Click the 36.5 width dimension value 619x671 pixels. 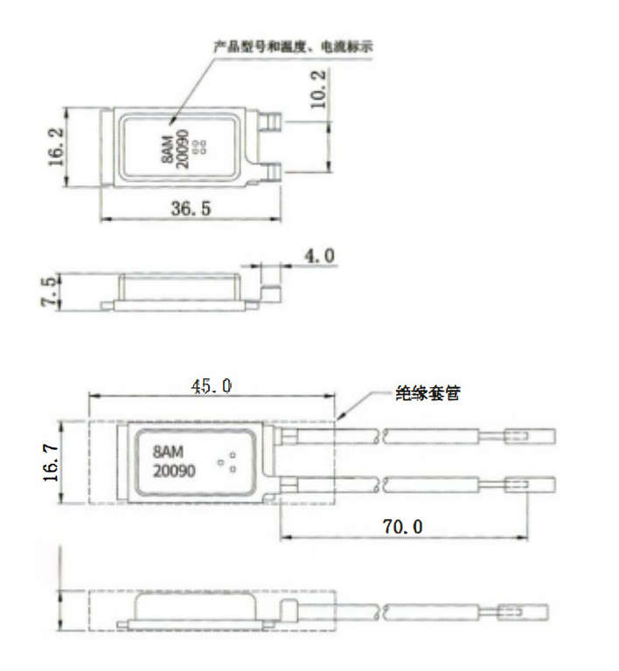[191, 209]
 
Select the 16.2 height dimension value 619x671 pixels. [56, 147]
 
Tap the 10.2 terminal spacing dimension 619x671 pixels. [317, 89]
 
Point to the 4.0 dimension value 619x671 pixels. [319, 256]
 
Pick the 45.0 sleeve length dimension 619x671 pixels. [212, 386]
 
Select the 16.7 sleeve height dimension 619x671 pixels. [51, 463]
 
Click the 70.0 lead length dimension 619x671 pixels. [402, 527]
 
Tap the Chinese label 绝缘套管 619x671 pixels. [428, 393]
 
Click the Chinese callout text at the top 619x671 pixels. [293, 46]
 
